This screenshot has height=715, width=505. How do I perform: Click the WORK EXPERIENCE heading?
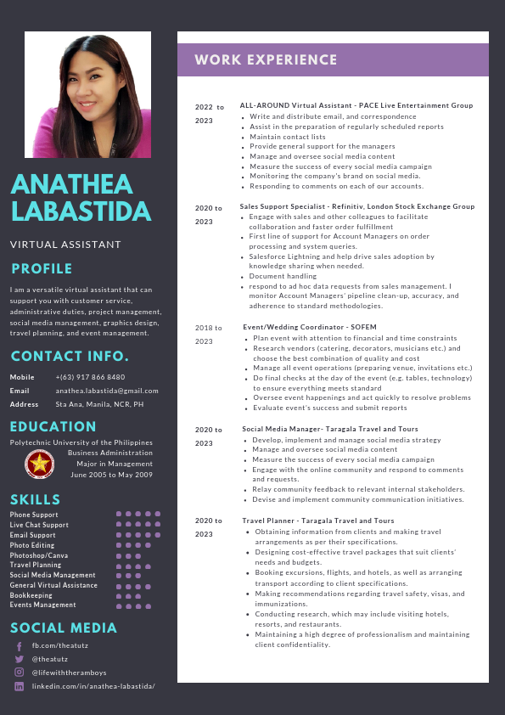[x=266, y=60]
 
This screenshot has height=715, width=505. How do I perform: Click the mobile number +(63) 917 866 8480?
[x=90, y=377]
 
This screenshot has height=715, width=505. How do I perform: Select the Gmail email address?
[x=107, y=391]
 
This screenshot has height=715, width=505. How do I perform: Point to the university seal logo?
[x=37, y=464]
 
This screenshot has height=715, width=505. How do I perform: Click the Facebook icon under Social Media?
[x=19, y=646]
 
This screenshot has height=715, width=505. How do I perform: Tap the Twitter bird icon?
[x=19, y=659]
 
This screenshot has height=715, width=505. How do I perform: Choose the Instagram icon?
[x=19, y=672]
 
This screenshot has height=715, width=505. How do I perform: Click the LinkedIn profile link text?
[x=93, y=685]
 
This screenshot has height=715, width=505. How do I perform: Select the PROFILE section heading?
[x=42, y=269]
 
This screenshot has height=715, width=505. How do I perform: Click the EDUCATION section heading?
[x=53, y=426]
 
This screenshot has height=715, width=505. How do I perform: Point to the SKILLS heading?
[x=36, y=499]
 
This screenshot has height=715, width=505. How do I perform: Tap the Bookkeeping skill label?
[x=31, y=595]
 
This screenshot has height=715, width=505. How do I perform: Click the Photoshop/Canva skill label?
[x=39, y=555]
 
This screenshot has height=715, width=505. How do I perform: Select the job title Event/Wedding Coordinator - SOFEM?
[x=309, y=327]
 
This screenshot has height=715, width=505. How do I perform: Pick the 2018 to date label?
[x=208, y=328]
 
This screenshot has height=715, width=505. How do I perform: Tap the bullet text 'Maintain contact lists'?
[x=288, y=137]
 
